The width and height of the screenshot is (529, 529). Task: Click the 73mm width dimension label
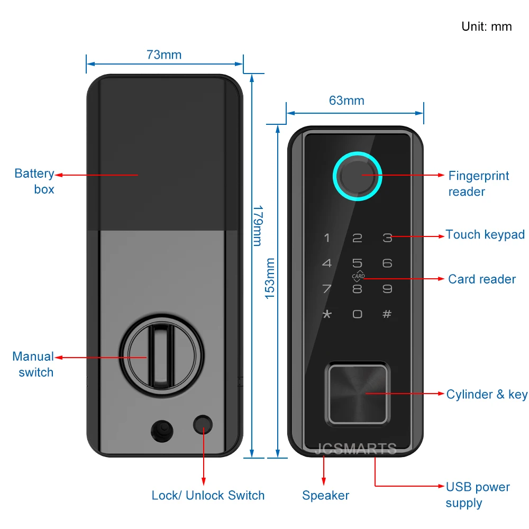coord(164,54)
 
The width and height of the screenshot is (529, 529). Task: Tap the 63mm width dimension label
coord(346,101)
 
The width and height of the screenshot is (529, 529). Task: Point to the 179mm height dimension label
coord(257,225)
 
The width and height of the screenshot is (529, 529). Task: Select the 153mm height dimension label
coord(270,278)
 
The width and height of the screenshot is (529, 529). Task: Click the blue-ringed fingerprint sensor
coord(357,177)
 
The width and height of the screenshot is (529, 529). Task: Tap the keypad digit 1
coord(327,238)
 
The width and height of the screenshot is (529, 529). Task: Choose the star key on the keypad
coord(327,314)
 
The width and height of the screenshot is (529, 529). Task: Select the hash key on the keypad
coord(387,314)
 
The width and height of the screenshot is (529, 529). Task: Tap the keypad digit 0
coord(357,314)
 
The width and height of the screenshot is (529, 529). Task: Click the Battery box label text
coord(34,181)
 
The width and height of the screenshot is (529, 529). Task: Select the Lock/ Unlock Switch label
coord(208,496)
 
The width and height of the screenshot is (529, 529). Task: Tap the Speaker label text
coord(325,496)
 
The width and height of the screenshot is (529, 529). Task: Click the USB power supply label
coord(478,495)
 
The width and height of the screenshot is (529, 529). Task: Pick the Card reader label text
coord(481,279)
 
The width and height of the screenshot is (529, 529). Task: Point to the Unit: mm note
coord(486,26)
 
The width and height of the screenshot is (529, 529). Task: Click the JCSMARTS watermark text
coord(355,450)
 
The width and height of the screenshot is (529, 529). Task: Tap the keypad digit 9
coord(387,289)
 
